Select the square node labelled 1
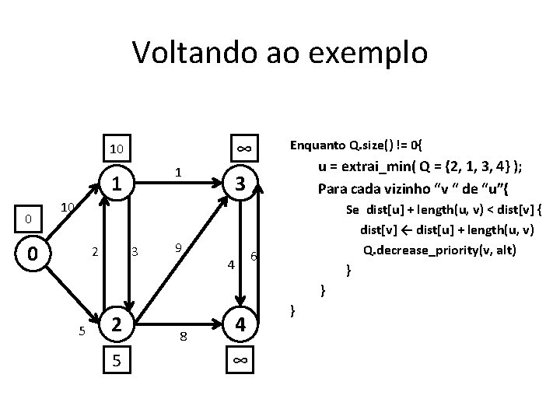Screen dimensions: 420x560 pyautogui.click(x=116, y=184)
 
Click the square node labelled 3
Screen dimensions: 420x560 pyautogui.click(x=241, y=184)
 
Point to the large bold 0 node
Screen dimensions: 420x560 pyautogui.click(x=30, y=254)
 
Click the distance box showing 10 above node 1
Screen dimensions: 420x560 pyautogui.click(x=116, y=149)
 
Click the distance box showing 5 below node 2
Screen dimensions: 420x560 pyautogui.click(x=116, y=361)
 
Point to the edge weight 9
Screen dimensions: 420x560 pyautogui.click(x=178, y=248)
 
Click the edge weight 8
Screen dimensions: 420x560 pyautogui.click(x=183, y=336)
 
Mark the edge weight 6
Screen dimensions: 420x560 pyautogui.click(x=254, y=257)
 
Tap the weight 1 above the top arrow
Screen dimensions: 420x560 pyautogui.click(x=178, y=172)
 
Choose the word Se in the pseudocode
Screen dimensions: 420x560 pyautogui.click(x=352, y=208)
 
